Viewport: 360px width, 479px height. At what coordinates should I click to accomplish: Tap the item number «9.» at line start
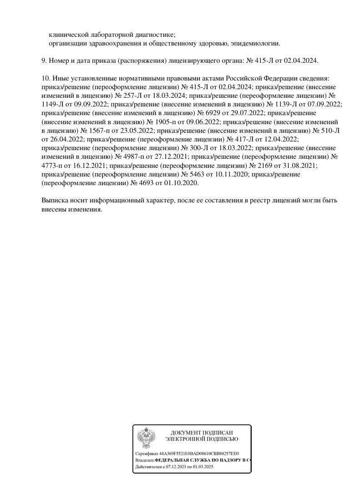(44, 60)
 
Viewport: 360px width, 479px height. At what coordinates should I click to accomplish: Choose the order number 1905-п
(168, 122)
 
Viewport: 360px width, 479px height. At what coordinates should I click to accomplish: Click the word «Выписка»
(56, 200)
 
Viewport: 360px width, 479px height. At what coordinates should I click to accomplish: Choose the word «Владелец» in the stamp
(144, 460)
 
